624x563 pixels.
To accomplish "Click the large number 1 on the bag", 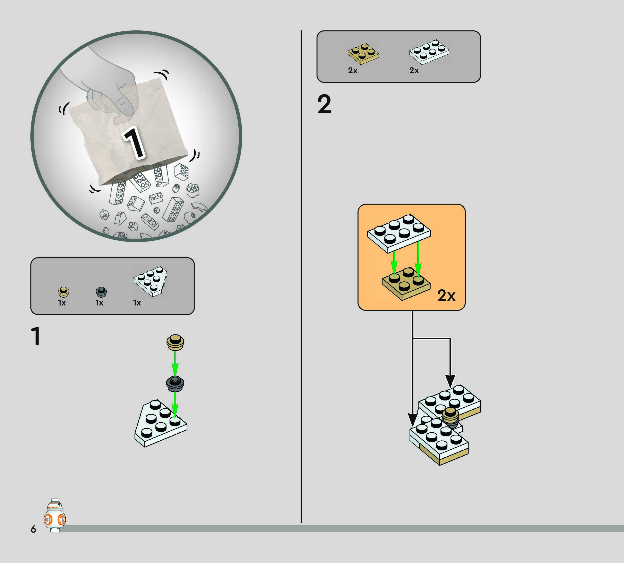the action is tap(134, 143).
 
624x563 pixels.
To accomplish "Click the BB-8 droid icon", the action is tap(55, 515).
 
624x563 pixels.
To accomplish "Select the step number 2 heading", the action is tap(324, 105).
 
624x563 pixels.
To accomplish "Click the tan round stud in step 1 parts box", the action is tap(63, 292).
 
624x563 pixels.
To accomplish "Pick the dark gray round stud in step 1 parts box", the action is tap(101, 292).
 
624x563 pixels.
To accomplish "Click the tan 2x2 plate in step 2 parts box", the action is tap(363, 54).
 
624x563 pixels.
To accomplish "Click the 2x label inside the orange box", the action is tap(446, 296).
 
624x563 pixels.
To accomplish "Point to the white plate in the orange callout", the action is tap(399, 233).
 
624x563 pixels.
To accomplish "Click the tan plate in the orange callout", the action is tap(406, 283).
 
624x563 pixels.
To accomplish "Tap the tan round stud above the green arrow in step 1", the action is tap(175, 342).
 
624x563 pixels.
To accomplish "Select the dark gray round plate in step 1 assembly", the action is tap(175, 384).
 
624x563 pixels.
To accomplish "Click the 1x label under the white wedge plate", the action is tap(137, 303).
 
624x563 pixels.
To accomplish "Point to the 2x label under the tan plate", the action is tap(353, 71).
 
